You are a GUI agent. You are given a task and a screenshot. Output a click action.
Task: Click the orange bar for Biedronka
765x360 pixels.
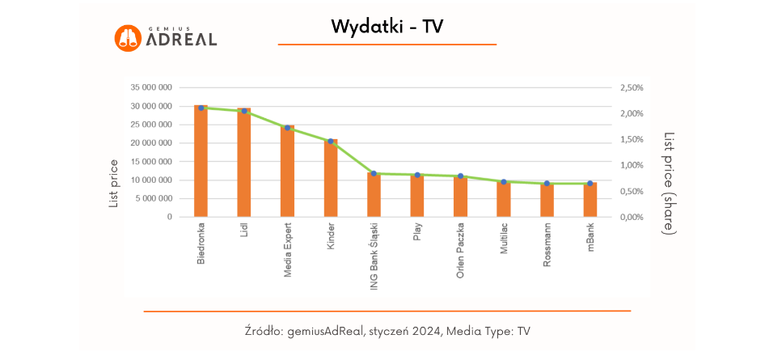(201, 162)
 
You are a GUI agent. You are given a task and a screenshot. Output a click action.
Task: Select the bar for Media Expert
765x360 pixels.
(287, 172)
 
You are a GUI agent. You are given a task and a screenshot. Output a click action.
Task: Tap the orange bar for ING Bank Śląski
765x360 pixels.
(374, 195)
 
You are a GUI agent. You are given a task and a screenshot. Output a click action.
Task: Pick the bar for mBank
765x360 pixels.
(590, 200)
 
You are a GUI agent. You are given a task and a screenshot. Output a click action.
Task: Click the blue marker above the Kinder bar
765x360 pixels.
(330, 142)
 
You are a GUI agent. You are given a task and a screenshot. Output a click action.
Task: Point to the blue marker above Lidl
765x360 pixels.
(244, 111)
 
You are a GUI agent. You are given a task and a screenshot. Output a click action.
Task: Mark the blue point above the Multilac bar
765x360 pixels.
(503, 182)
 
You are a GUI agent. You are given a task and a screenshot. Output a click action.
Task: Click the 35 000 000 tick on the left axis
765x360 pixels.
(151, 87)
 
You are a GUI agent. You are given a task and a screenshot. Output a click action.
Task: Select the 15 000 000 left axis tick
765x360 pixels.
(151, 162)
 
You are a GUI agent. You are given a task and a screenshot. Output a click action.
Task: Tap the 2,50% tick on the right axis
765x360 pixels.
(632, 87)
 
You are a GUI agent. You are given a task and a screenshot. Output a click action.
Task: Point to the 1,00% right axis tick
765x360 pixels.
(632, 165)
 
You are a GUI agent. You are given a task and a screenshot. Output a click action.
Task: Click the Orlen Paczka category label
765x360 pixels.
(460, 250)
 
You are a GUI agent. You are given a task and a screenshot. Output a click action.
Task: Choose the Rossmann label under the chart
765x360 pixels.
(547, 246)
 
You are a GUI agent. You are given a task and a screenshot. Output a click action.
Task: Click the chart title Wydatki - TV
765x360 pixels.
(387, 27)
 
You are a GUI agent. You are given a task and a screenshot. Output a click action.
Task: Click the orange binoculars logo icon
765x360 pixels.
(128, 37)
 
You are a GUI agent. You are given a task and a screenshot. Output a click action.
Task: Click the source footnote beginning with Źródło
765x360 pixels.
(387, 331)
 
